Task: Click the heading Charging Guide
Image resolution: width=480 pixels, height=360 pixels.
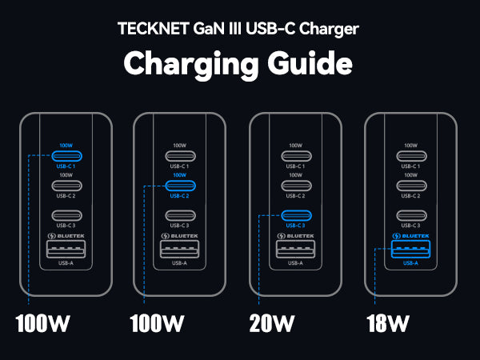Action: [x=240, y=62]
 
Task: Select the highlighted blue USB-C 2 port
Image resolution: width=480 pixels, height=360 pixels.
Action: [x=180, y=186]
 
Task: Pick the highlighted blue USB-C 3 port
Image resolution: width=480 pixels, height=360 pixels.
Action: [x=296, y=215]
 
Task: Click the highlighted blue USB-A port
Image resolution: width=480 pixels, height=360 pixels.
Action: [x=410, y=248]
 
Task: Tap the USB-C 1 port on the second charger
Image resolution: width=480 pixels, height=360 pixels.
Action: [x=180, y=156]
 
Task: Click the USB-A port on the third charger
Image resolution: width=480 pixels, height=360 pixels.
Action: [x=296, y=248]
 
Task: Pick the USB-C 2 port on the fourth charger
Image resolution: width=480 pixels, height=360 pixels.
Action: [x=410, y=186]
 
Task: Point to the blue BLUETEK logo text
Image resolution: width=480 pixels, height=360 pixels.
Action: [x=415, y=236]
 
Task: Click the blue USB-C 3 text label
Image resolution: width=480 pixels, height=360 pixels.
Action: [x=296, y=226]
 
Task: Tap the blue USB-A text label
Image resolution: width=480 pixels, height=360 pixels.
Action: [x=410, y=262]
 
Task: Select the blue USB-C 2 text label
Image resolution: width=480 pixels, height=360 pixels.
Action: [x=180, y=196]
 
